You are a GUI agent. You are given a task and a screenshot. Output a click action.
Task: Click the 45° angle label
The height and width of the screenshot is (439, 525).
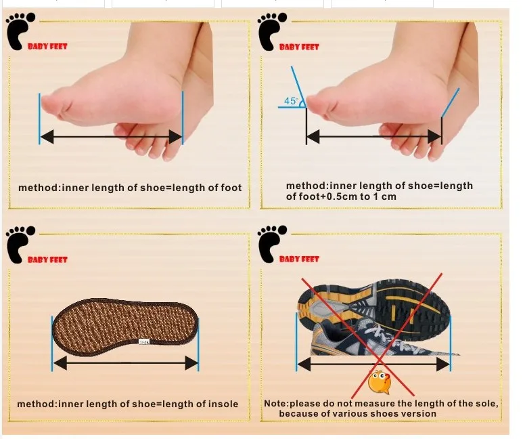(291, 101)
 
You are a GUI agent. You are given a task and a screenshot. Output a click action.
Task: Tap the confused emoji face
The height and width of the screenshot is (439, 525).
(379, 381)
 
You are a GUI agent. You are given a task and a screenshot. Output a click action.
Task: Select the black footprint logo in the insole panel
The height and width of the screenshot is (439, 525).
(16, 245)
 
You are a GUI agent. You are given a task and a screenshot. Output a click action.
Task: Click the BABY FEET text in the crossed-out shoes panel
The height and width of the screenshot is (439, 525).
(299, 259)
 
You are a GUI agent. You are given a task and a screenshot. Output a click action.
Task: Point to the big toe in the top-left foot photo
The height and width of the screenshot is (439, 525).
(54, 102)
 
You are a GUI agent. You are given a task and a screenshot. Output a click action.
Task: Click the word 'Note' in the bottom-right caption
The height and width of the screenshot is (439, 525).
(275, 404)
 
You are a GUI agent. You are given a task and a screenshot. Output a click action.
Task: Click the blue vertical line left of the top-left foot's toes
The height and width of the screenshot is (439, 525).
(39, 118)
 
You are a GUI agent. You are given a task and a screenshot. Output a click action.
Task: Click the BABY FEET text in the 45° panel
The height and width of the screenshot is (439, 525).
(299, 47)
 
